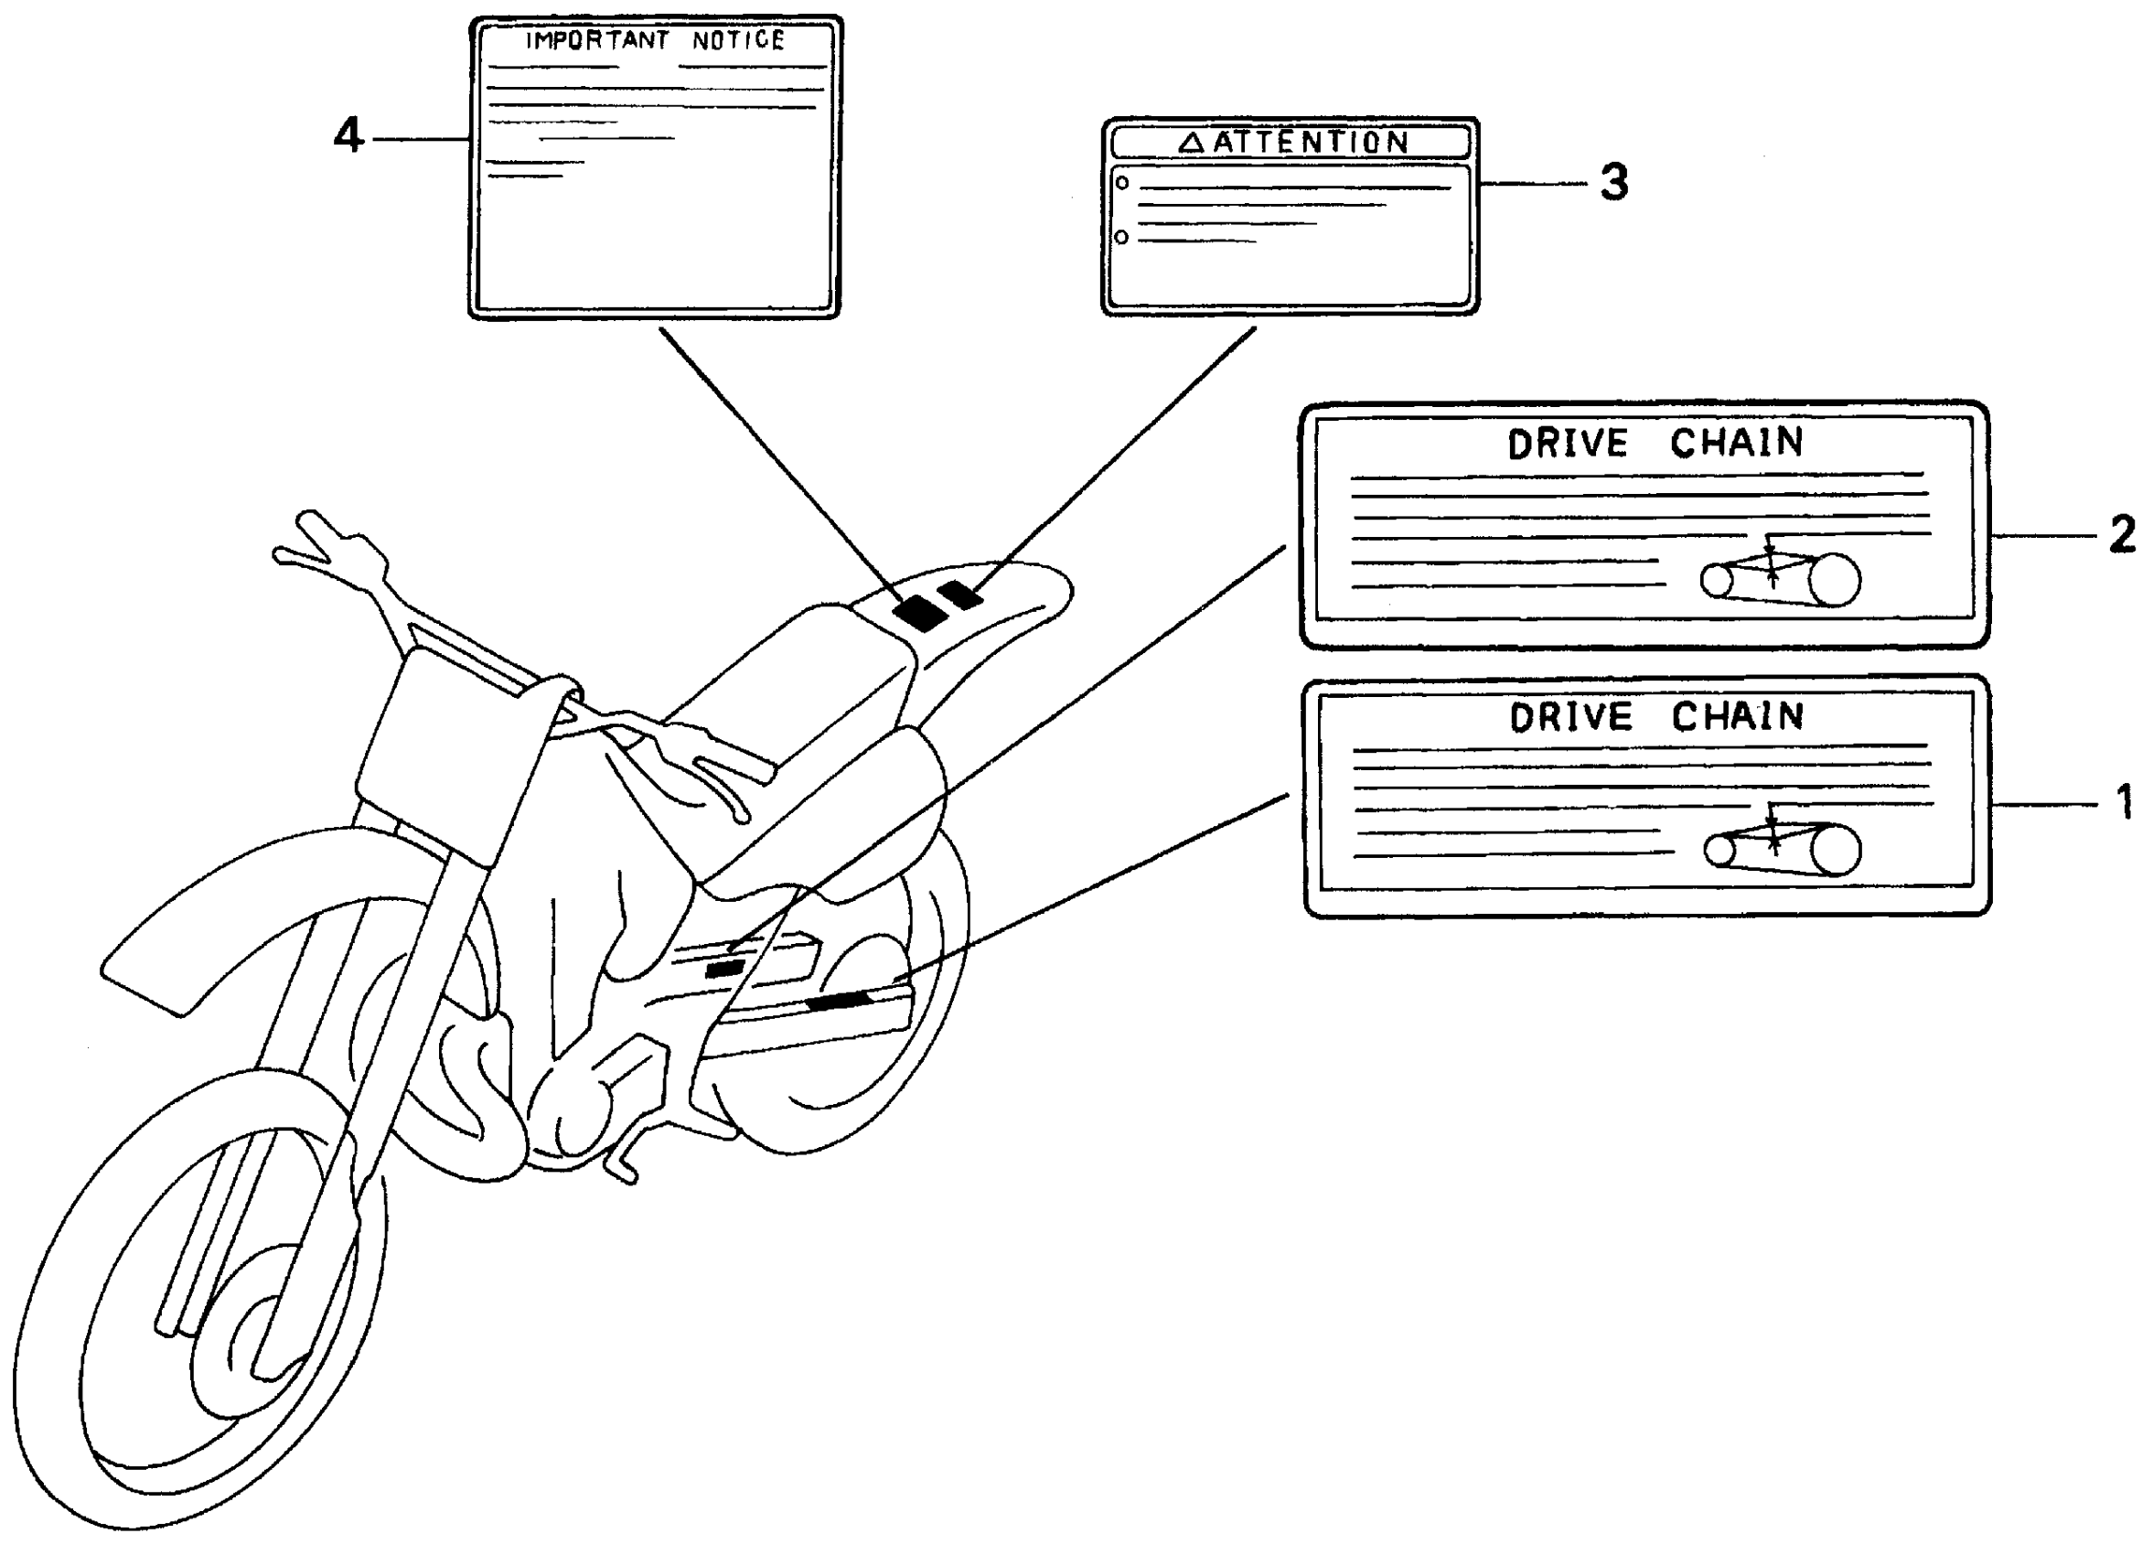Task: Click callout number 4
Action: (x=348, y=135)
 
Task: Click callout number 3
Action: (x=1613, y=182)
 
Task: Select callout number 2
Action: (x=2123, y=534)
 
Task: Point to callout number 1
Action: (x=2125, y=803)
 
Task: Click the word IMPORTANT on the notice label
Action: (x=597, y=41)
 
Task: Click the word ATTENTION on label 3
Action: (x=1311, y=143)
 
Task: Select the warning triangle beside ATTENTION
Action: (x=1192, y=144)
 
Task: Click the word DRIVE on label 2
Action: (x=1568, y=445)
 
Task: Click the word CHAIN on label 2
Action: (x=1736, y=444)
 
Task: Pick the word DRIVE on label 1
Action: (x=1570, y=718)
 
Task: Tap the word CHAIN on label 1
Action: (x=1737, y=717)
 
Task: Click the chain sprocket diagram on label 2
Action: (x=1780, y=577)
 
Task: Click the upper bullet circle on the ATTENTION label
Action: (x=1122, y=182)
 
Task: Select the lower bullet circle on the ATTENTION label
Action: (x=1121, y=237)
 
